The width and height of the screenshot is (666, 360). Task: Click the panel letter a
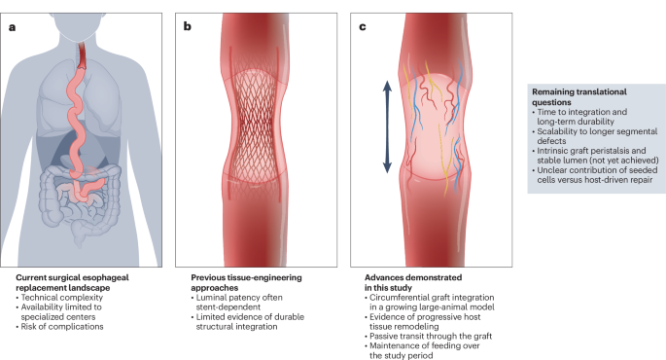pos(13,26)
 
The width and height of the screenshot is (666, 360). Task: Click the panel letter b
pos(188,26)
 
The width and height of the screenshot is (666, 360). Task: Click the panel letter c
pos(363,26)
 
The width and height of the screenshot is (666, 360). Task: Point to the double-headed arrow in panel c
pos(386,126)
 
